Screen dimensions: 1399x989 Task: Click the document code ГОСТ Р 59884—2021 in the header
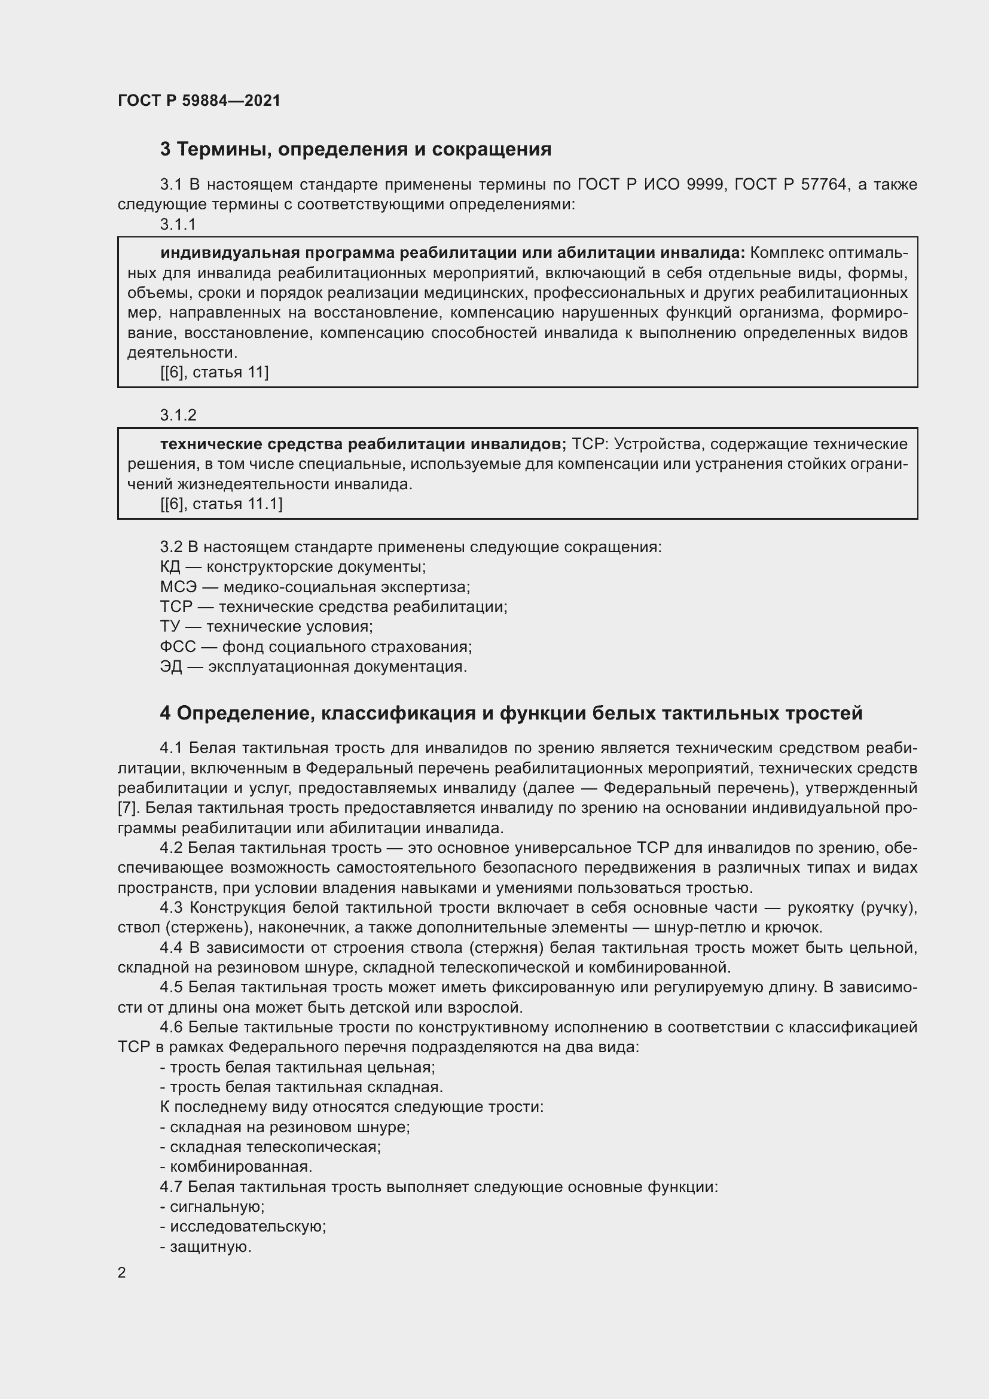point(199,100)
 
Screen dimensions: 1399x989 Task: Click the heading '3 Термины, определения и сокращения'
point(356,150)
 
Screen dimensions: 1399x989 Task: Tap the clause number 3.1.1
point(178,224)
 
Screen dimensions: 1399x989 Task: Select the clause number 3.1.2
point(178,415)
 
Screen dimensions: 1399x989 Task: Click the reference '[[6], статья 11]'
point(215,372)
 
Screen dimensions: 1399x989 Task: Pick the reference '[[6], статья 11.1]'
point(221,504)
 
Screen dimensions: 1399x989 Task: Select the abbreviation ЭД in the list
point(170,666)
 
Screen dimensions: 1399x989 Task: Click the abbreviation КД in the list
point(170,566)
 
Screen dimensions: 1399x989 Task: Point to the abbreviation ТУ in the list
point(170,626)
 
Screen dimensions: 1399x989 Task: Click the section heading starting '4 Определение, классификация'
point(511,714)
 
